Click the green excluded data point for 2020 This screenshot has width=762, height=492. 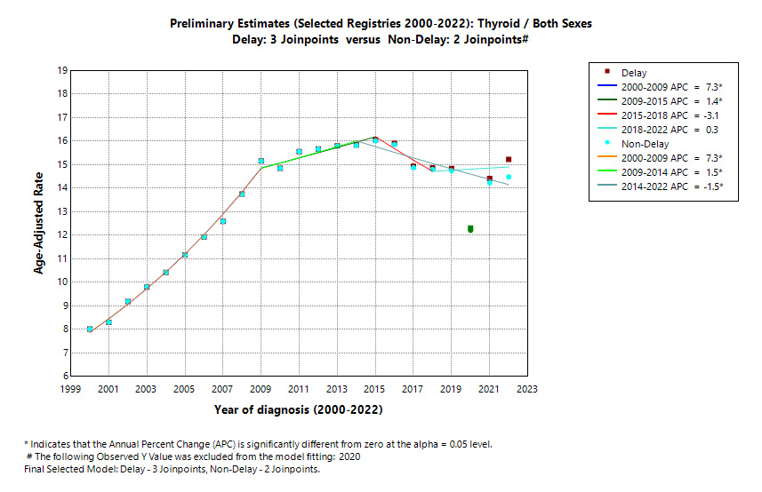(x=470, y=229)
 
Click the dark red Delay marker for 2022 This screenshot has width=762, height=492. (x=509, y=160)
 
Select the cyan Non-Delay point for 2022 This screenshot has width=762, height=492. (x=509, y=177)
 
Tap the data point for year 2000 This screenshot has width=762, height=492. (x=90, y=329)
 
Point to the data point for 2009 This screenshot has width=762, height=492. (x=261, y=161)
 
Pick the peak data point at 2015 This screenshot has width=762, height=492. (x=375, y=139)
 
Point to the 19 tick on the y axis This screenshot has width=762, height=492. (x=61, y=70)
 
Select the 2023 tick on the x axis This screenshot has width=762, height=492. (x=526, y=389)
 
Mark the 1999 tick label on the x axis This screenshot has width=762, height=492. (x=70, y=389)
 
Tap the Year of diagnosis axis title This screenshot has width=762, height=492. (x=298, y=410)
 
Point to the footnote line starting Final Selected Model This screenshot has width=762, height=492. (x=172, y=469)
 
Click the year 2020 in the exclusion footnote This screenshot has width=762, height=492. (x=349, y=456)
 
